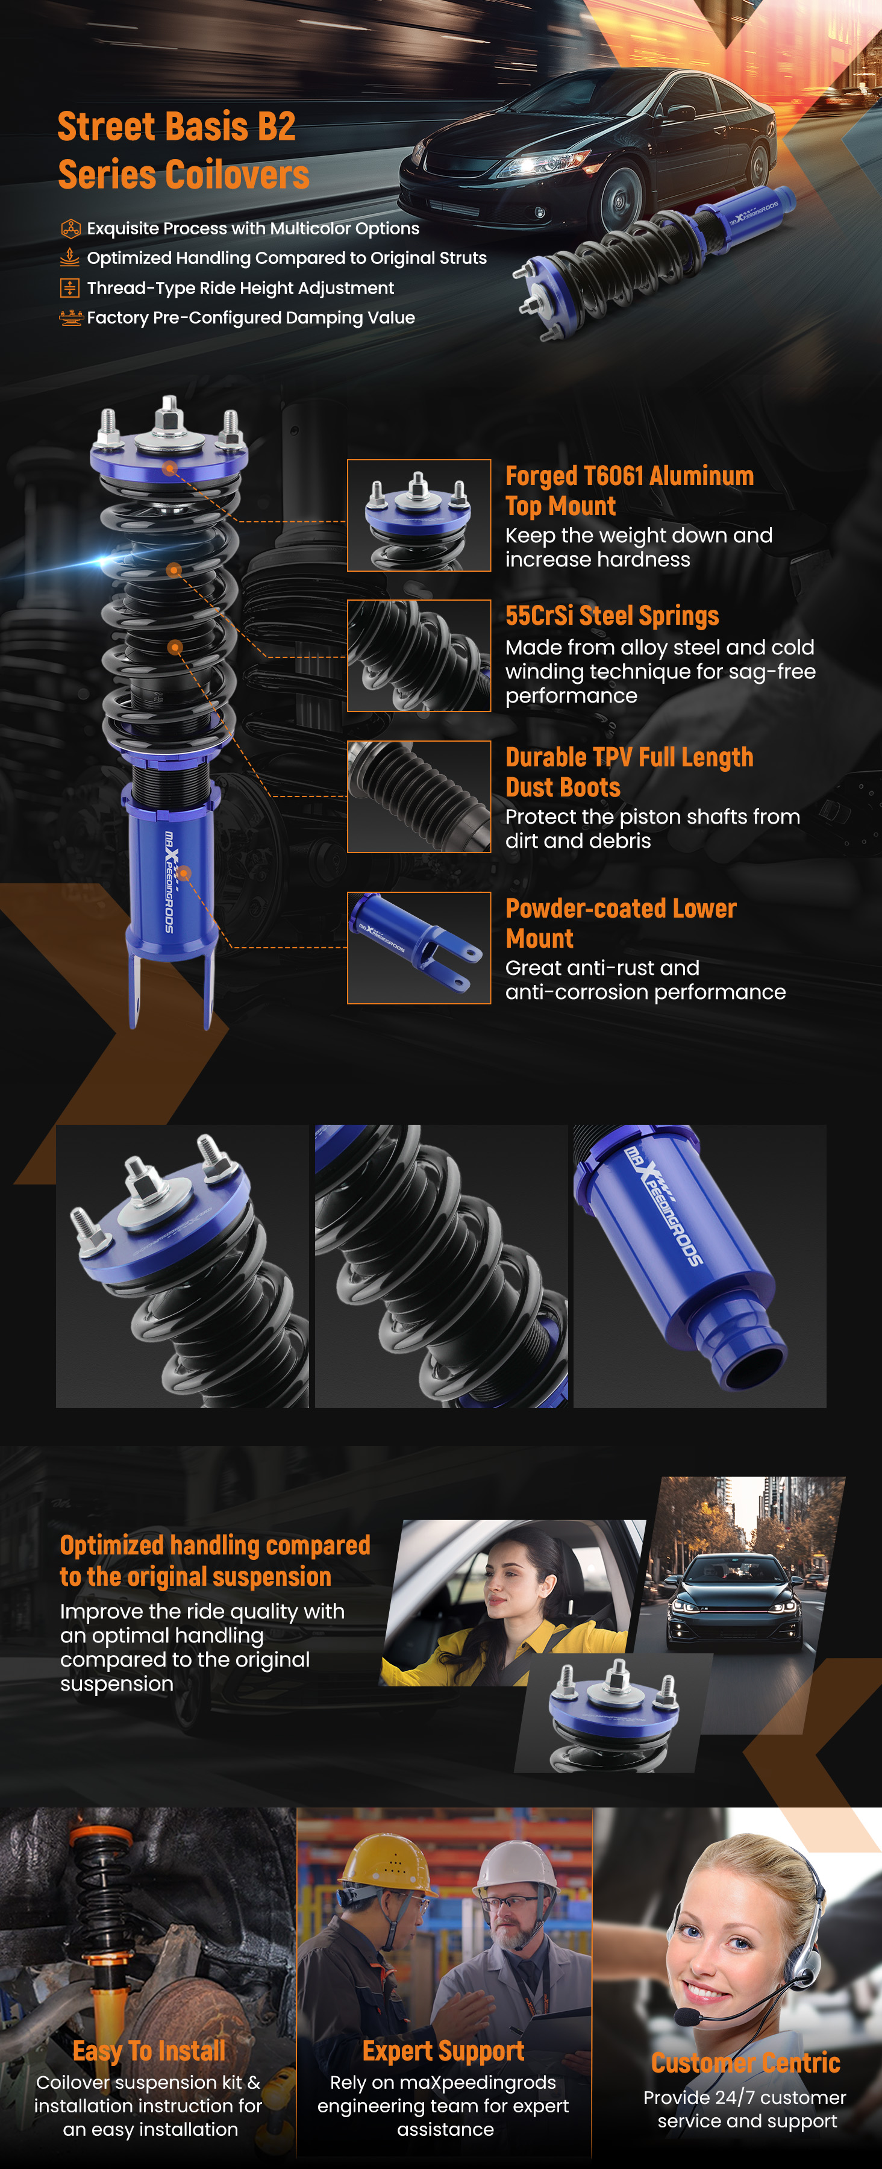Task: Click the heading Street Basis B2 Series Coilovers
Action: (184, 151)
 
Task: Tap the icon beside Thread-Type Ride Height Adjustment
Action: (70, 288)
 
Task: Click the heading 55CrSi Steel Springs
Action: (612, 616)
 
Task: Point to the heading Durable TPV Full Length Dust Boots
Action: (629, 772)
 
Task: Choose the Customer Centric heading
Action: (746, 2063)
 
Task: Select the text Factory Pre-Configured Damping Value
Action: (251, 318)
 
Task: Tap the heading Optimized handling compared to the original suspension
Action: (214, 1561)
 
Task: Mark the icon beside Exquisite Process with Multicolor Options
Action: (70, 228)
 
